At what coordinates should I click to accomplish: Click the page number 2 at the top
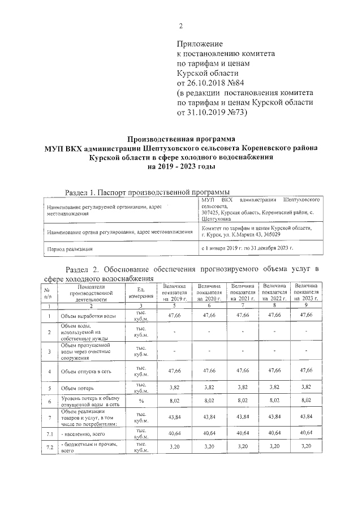point(181,25)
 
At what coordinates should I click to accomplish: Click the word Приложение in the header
point(200,44)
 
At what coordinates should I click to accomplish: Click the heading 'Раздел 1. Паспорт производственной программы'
point(148,192)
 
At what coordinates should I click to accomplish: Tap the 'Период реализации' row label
point(70,248)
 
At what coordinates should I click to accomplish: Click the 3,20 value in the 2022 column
point(275,446)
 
